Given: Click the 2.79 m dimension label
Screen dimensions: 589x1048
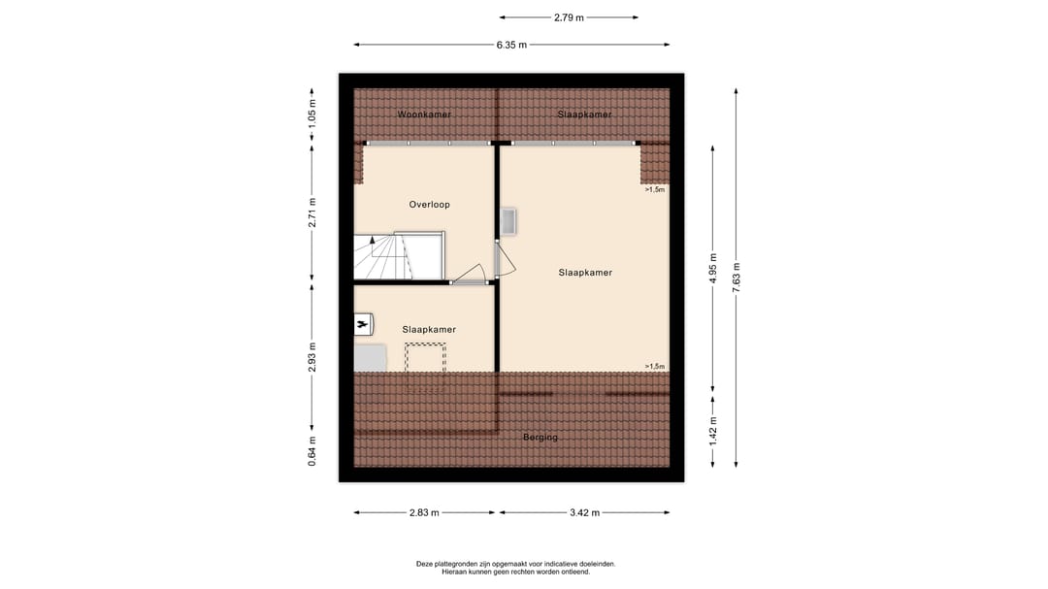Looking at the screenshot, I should pos(570,17).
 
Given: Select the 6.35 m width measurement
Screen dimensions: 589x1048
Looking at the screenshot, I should pos(511,45).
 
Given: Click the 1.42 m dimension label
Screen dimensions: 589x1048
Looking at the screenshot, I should pos(713,429).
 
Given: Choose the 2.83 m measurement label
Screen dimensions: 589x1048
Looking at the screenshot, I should pos(423,513).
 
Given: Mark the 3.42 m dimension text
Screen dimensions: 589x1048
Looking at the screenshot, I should pos(583,513).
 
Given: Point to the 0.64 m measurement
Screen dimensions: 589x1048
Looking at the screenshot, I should pos(312,452).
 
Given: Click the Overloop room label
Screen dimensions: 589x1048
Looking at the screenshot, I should pos(429,205).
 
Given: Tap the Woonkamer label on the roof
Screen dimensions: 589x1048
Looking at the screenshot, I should pos(424,115).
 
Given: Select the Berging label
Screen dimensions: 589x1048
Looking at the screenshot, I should pos(540,438).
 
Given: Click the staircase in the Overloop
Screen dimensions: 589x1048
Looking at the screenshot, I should pos(380,257).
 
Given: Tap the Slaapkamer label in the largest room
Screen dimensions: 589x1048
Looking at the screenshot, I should pos(585,273).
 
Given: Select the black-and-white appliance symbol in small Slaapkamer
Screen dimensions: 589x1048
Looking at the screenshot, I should pos(363,323).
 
